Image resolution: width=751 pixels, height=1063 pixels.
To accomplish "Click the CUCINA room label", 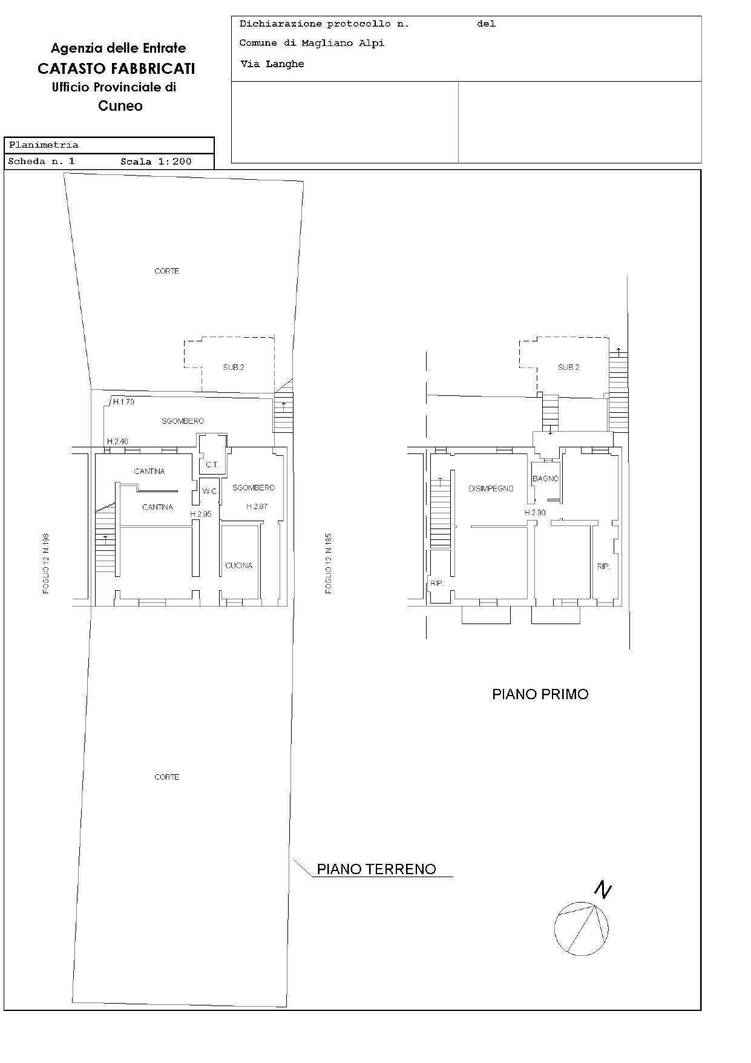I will tap(238, 565).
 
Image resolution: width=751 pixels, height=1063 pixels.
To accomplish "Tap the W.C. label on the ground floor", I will tap(210, 491).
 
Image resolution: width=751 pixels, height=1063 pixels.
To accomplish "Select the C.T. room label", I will tap(211, 465).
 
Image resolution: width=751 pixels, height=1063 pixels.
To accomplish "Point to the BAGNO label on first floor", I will tap(545, 478).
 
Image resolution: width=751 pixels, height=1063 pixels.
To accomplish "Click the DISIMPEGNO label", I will tap(491, 489).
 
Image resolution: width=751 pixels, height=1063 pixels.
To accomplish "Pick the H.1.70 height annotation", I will tap(123, 401).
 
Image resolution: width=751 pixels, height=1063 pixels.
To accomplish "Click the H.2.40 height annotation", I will tap(117, 441).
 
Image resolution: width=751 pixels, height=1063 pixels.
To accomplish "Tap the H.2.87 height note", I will tap(257, 506).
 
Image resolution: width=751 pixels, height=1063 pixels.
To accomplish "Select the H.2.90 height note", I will tap(535, 512).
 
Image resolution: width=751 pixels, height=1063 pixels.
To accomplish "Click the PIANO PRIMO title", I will tap(540, 694).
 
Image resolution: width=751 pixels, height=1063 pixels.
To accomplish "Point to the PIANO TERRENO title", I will tap(376, 869).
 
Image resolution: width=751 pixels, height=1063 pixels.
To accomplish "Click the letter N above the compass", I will tap(602, 890).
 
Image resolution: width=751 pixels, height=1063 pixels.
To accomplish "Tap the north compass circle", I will tap(581, 929).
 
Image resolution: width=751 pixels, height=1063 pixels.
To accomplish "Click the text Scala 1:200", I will tap(156, 162).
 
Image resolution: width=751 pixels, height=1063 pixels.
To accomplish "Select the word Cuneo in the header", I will tap(120, 106).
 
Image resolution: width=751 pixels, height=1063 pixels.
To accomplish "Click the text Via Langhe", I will tap(272, 64).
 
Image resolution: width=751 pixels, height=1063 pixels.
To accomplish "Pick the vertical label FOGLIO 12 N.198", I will tap(46, 563).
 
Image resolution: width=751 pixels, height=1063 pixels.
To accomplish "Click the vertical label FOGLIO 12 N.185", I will tap(329, 563).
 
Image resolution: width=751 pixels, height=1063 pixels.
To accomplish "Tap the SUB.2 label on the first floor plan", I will tap(568, 367).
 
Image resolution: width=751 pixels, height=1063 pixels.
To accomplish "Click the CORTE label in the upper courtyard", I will tap(166, 271).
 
